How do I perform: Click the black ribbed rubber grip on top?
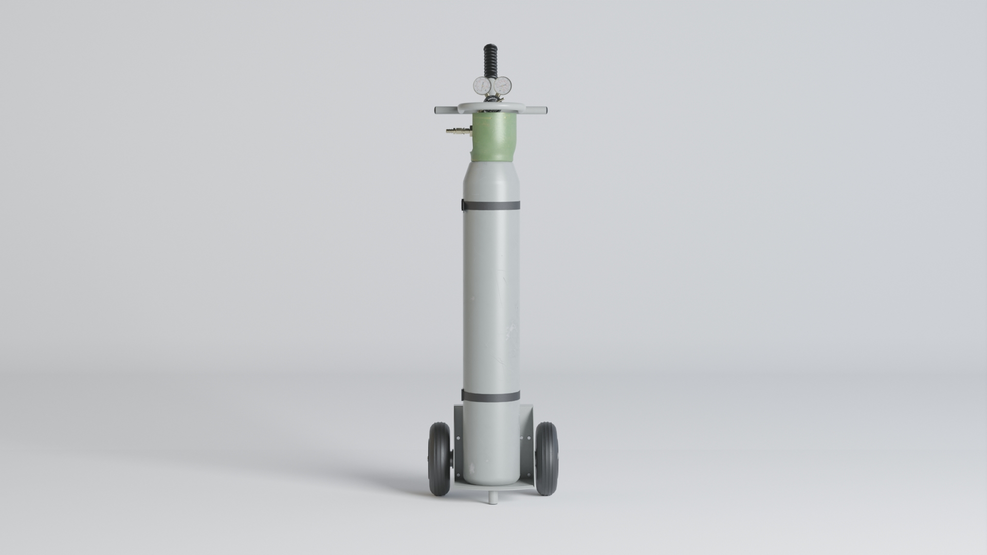point(489,60)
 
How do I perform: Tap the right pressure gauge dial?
point(502,85)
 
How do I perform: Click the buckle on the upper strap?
point(463,205)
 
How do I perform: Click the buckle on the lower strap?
point(463,395)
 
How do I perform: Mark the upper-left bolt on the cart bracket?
point(459,438)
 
